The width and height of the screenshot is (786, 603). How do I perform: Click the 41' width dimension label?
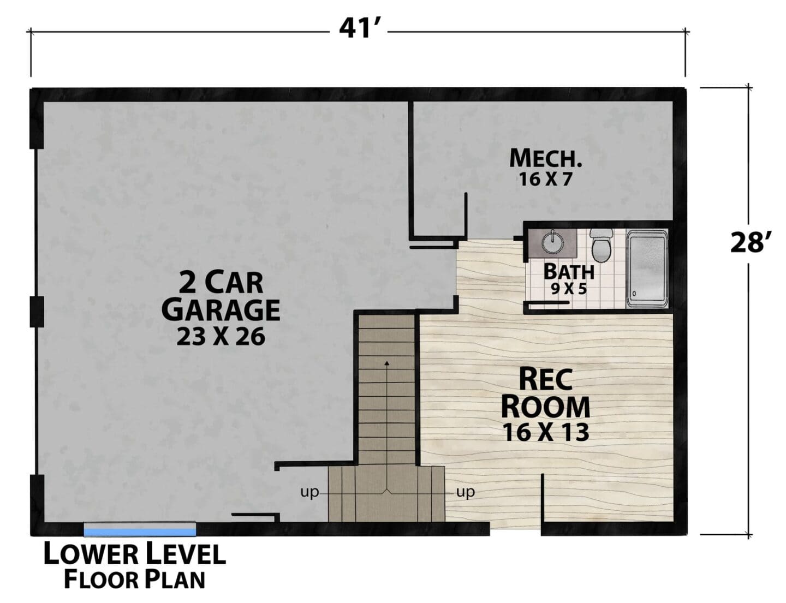[360, 28]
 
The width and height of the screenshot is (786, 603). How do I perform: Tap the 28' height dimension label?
[747, 242]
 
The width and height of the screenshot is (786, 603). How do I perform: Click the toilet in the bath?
[601, 244]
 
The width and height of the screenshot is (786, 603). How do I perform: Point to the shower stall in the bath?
[647, 270]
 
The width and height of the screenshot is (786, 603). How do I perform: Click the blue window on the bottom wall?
[140, 532]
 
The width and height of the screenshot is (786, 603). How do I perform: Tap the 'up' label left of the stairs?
[309, 493]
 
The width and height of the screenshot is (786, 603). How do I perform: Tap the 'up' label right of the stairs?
[466, 492]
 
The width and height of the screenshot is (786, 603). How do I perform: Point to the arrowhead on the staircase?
[387, 362]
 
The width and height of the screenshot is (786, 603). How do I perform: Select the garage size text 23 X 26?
[221, 337]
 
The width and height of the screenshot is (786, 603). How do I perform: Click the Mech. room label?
[545, 158]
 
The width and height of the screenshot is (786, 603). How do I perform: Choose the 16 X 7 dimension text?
[545, 179]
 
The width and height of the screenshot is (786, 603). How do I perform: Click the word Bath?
[569, 271]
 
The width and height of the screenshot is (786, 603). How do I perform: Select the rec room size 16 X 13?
[545, 432]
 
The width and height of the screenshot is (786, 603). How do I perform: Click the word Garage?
[221, 310]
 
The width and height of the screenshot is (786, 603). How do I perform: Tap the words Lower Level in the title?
[135, 554]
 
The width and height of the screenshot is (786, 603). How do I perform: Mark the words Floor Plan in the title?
[135, 580]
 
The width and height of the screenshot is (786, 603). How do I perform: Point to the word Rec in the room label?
[545, 379]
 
